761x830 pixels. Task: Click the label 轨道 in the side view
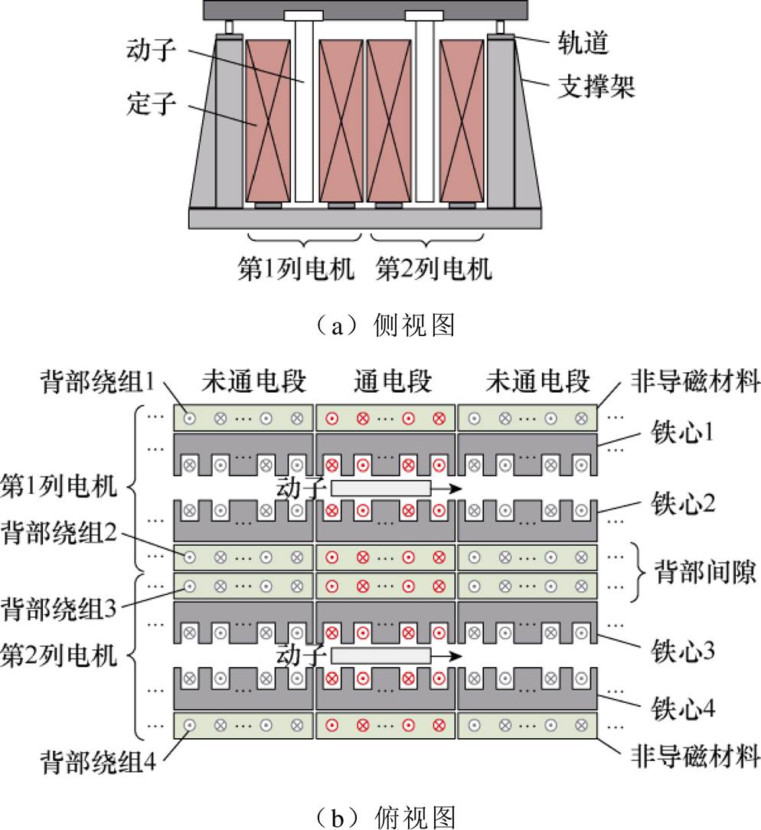pyautogui.click(x=583, y=44)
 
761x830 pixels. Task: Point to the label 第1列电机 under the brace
pyautogui.click(x=296, y=270)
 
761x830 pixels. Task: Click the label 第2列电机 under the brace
pyautogui.click(x=434, y=270)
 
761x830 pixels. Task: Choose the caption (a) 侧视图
pyautogui.click(x=381, y=325)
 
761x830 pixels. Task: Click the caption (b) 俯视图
pyautogui.click(x=381, y=815)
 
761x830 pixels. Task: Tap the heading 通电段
pyautogui.click(x=393, y=381)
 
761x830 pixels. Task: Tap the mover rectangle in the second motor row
pyautogui.click(x=380, y=655)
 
